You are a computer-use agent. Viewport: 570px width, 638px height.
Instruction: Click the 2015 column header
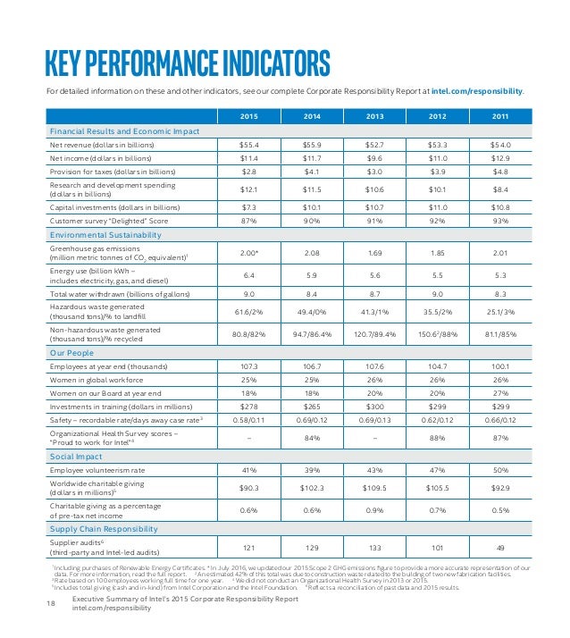point(249,116)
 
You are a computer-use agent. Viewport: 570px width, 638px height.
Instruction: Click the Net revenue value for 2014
point(311,145)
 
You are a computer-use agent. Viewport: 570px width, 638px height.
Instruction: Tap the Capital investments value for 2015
point(249,206)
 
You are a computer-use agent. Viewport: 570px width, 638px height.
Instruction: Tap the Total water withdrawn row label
point(114,293)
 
